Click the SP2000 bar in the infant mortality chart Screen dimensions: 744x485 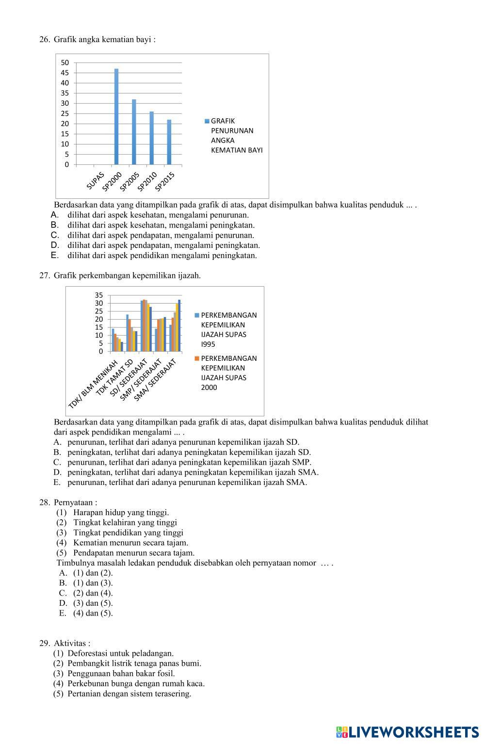116,117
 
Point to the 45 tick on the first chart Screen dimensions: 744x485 65,73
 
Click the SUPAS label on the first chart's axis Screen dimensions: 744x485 96,180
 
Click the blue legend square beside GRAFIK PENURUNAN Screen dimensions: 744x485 207,121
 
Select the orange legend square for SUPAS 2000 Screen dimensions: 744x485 197,358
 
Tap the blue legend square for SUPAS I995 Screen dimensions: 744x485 197,315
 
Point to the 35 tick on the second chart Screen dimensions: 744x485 99,295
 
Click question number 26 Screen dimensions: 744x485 45,39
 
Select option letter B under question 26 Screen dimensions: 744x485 54,225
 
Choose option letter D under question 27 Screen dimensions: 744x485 58,472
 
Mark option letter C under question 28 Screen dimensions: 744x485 63,593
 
